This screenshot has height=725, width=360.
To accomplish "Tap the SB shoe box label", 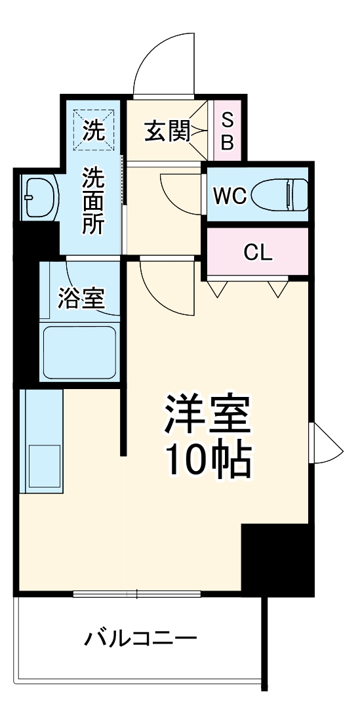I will point(227,131).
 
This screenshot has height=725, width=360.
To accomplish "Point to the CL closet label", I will point(258,253).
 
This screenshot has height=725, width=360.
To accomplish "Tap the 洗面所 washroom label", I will point(92,201).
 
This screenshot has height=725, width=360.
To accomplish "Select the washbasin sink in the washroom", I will point(39,196).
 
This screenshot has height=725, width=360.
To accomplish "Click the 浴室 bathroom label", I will point(81,299).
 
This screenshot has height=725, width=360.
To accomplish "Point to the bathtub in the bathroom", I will point(79,353).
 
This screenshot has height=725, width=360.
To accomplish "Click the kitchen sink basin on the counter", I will point(43,466).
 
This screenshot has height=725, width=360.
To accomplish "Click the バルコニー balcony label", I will point(140,637).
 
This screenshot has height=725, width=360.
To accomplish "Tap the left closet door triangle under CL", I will point(217,288).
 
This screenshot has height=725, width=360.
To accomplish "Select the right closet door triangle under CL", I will point(278,288).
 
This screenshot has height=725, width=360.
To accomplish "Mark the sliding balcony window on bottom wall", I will point(136,594).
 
